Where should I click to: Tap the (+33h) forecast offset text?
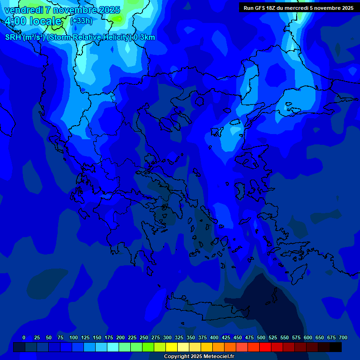click(81, 21)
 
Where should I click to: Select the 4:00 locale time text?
click(33, 21)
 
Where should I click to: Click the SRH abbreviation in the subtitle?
click(13, 37)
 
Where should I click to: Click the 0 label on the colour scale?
click(24, 337)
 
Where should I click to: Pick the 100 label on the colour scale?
click(73, 337)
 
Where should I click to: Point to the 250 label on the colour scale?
click(143, 337)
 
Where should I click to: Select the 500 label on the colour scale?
click(261, 337)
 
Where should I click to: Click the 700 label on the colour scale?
click(343, 337)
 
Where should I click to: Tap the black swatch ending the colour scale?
click(335, 347)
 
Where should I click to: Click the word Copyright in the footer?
click(177, 357)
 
